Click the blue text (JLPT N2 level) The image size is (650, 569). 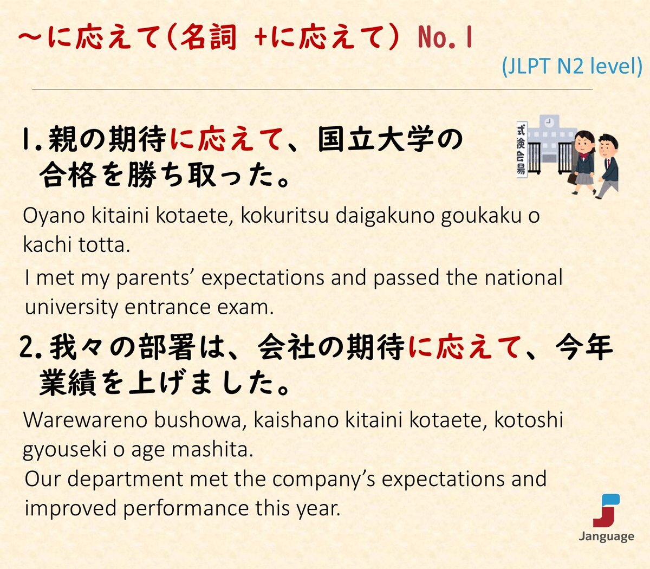[572, 67]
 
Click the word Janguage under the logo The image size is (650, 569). [606, 537]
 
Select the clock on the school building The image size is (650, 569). [549, 121]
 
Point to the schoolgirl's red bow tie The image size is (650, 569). [583, 156]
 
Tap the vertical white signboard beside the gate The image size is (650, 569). [522, 150]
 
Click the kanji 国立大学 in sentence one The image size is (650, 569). [375, 139]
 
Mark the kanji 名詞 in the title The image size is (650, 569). [209, 37]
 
